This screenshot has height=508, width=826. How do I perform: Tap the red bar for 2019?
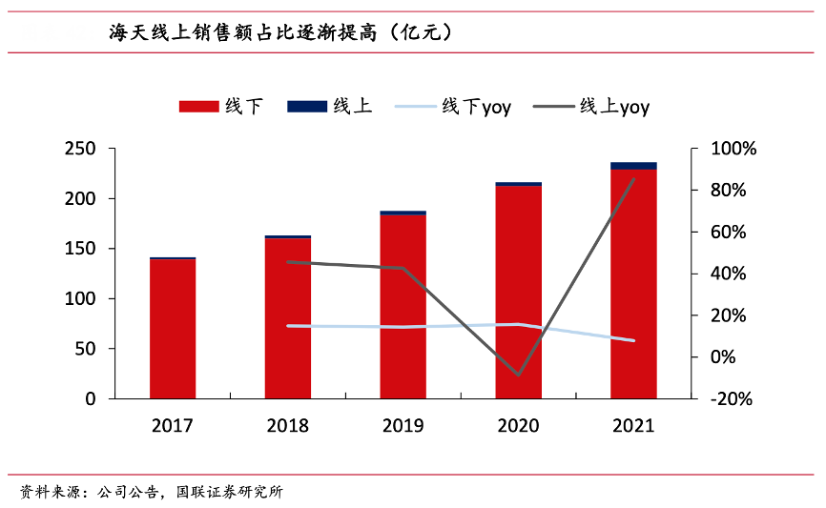403,305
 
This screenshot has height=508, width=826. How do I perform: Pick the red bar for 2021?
633,284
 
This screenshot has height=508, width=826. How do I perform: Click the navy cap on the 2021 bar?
633,166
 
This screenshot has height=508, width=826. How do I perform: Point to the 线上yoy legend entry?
597,107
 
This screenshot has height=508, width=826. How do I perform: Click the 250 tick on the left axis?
80,150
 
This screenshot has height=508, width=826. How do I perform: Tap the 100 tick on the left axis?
80,299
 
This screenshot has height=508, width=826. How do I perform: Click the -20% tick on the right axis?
731,399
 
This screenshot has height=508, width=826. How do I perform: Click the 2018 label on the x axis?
287,425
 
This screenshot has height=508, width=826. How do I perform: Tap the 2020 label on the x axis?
518,425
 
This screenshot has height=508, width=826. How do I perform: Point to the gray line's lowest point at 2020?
518,375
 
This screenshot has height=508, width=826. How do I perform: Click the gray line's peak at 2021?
633,179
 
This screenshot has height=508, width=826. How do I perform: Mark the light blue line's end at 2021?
633,340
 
